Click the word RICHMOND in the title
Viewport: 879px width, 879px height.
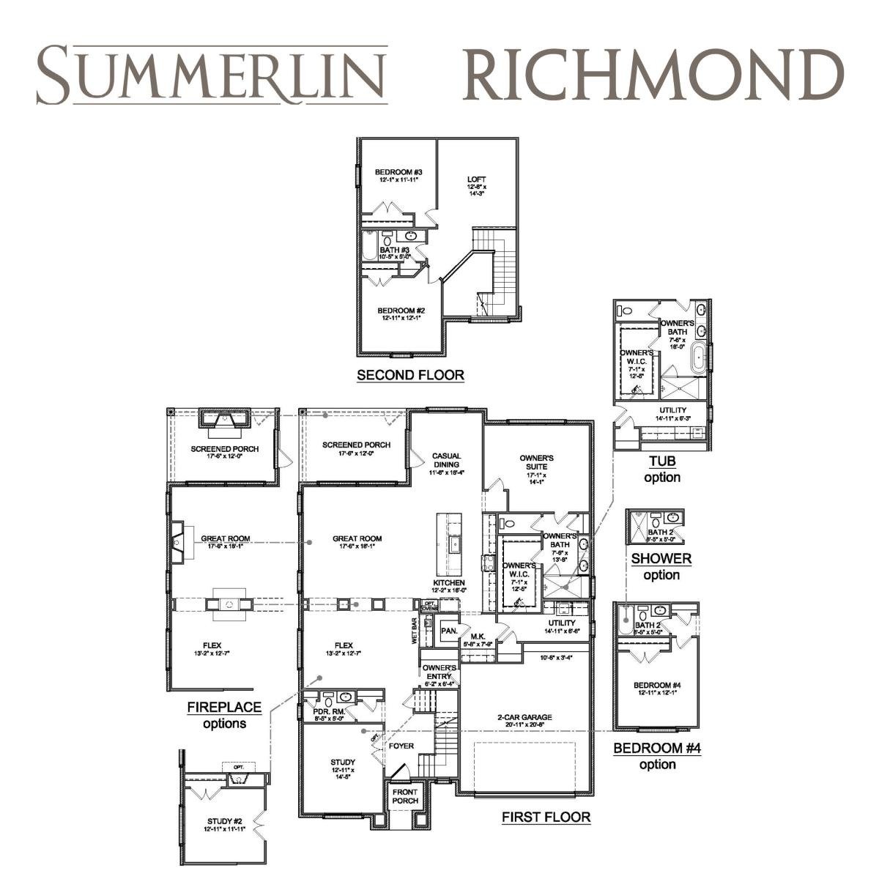[x=653, y=75]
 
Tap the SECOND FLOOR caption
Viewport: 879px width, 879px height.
[x=410, y=375]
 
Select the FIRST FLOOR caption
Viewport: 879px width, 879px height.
[x=546, y=817]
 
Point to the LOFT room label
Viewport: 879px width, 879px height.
[x=476, y=179]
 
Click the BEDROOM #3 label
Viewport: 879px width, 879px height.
[x=398, y=173]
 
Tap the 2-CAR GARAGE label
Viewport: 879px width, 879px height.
[x=523, y=717]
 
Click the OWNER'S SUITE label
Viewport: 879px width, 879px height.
[x=537, y=462]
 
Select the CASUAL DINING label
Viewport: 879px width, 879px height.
[x=446, y=459]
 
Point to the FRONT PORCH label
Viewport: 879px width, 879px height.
[x=405, y=796]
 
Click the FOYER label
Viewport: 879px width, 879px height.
[x=401, y=746]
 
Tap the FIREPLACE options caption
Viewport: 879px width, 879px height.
[x=224, y=708]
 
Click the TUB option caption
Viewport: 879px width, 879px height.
[x=662, y=461]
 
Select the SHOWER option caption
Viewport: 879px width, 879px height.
[x=661, y=559]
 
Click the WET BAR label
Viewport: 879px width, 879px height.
[x=414, y=631]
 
